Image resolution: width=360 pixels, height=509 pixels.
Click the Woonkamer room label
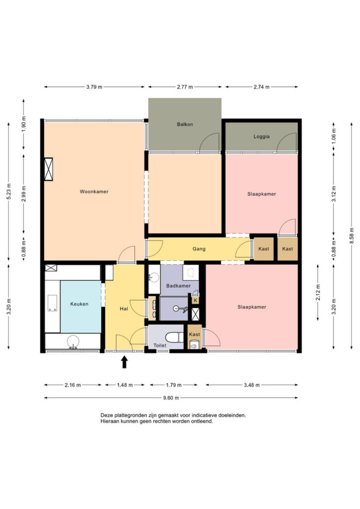pyautogui.click(x=94, y=191)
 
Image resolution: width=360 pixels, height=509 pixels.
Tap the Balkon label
pyautogui.click(x=184, y=124)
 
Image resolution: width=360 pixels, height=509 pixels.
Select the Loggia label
pyautogui.click(x=262, y=137)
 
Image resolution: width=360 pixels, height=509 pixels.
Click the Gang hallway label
pyautogui.click(x=199, y=249)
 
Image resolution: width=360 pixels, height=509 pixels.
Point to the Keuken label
pyautogui.click(x=79, y=304)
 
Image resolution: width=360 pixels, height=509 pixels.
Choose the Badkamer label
pyautogui.click(x=178, y=286)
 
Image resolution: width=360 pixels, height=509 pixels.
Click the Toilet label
pyautogui.click(x=160, y=345)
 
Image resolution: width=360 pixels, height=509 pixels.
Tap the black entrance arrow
pyautogui.click(x=124, y=362)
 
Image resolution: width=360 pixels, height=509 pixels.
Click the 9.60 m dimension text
pyautogui.click(x=171, y=398)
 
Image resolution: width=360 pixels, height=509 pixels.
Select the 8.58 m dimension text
pyautogui.click(x=352, y=236)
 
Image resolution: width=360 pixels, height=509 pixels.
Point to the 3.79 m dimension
pyautogui.click(x=94, y=87)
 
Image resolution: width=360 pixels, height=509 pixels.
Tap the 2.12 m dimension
pyautogui.click(x=318, y=292)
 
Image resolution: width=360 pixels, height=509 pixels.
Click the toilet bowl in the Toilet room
pyautogui.click(x=175, y=338)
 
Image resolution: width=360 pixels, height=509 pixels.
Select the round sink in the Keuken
pyautogui.click(x=73, y=341)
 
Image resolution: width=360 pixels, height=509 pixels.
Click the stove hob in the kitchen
pyautogui.click(x=53, y=303)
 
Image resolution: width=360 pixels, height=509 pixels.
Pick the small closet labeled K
pyautogui.click(x=195, y=300)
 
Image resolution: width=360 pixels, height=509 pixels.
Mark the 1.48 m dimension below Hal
pyautogui.click(x=125, y=385)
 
